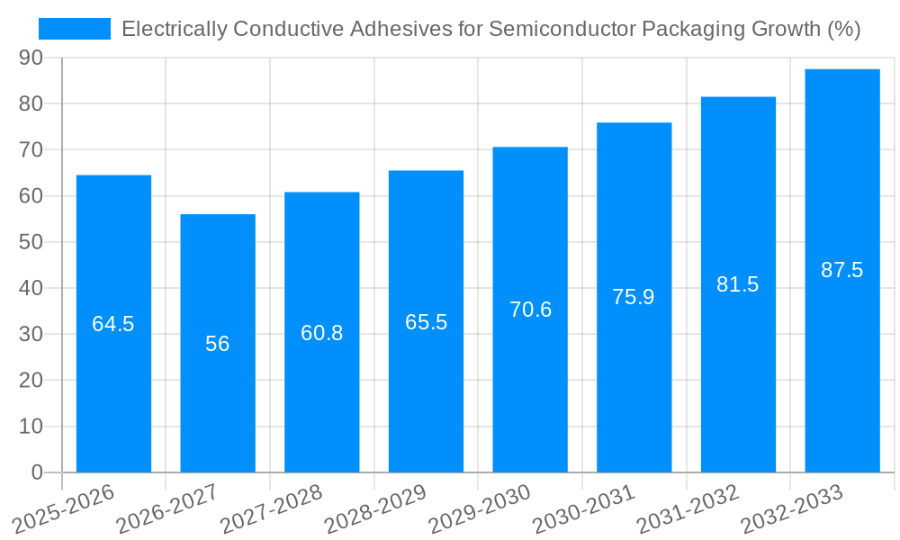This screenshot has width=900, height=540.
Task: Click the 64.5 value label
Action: point(113,324)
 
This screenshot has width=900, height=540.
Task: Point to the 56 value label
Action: point(218,344)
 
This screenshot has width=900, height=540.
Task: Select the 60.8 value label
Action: point(322,333)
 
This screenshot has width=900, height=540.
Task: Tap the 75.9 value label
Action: point(634,297)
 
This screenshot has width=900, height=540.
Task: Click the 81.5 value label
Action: point(738,284)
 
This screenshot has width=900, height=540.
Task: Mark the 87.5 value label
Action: point(842,270)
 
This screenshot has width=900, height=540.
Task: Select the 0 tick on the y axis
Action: point(37,472)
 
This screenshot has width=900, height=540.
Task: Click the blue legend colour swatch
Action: point(75,29)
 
